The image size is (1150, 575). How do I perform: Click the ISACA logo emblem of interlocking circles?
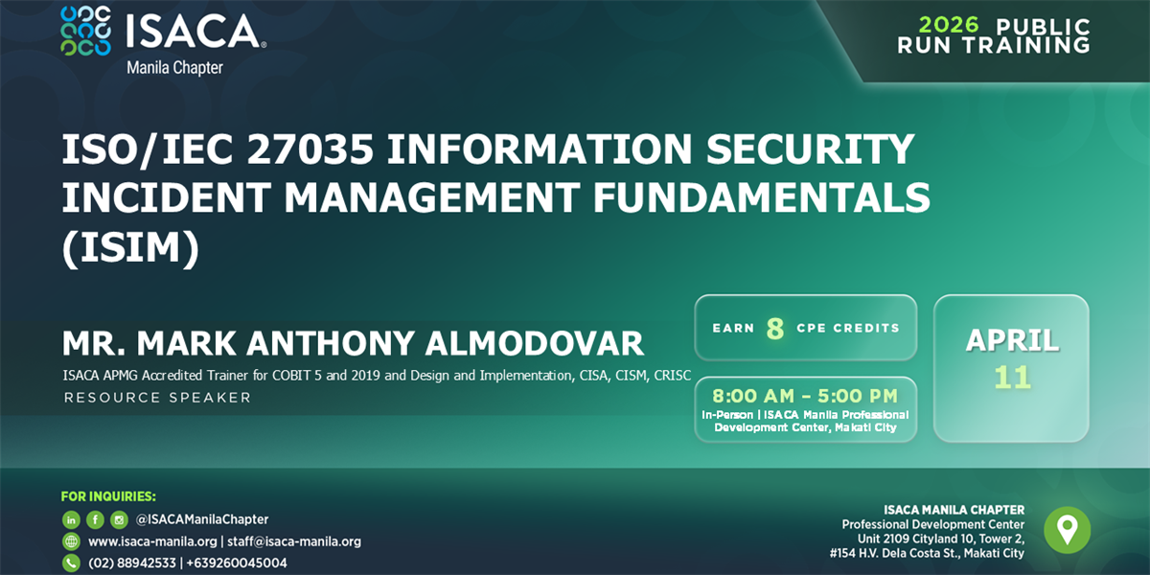pyautogui.click(x=84, y=31)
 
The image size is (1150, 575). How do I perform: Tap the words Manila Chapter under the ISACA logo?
pyautogui.click(x=174, y=68)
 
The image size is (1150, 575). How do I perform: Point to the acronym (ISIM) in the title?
pyautogui.click(x=131, y=246)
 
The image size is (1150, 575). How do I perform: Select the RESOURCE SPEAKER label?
pyautogui.click(x=157, y=397)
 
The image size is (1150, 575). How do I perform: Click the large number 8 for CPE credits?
pyautogui.click(x=775, y=329)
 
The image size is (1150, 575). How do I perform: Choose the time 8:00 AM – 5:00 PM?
pyautogui.click(x=804, y=396)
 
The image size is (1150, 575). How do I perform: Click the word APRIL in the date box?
pyautogui.click(x=1012, y=340)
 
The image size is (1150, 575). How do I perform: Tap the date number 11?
pyautogui.click(x=1012, y=377)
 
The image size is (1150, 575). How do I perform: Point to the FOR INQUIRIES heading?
pyautogui.click(x=107, y=496)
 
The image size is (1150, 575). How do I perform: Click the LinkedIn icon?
pyautogui.click(x=71, y=519)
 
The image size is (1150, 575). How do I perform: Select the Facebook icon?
pyautogui.click(x=95, y=519)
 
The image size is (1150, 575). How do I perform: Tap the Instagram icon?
pyautogui.click(x=119, y=519)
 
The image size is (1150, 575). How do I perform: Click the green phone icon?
pyautogui.click(x=71, y=563)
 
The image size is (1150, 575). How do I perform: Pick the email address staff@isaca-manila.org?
pyautogui.click(x=294, y=541)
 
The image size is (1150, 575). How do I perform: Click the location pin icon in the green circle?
pyautogui.click(x=1067, y=529)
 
